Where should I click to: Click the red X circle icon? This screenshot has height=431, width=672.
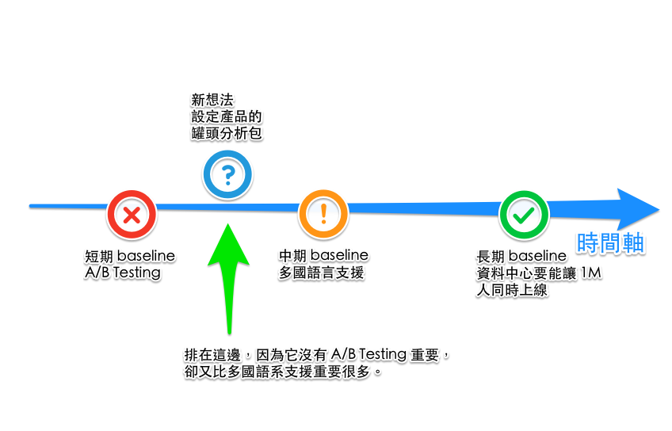pos(132,213)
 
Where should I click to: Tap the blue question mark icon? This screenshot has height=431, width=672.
pos(227,174)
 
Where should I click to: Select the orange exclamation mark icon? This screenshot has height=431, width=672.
pos(323,213)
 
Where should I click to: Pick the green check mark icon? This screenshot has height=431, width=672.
pos(523,213)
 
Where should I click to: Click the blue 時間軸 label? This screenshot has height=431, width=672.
pos(610,243)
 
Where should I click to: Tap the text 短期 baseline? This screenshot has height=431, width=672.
pos(130,257)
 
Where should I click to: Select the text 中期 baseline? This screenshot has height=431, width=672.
pos(323,257)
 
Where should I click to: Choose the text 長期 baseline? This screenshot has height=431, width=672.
pos(521,257)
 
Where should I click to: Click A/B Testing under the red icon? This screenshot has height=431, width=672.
pos(123,273)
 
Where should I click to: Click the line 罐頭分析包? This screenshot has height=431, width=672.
pos(226,133)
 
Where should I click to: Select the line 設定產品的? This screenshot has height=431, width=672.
pos(226,116)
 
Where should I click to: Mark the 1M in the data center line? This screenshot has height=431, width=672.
pos(592,273)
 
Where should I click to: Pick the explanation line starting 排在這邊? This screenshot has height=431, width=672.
pos(317,353)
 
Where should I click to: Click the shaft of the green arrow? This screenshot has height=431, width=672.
pos(228,301)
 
